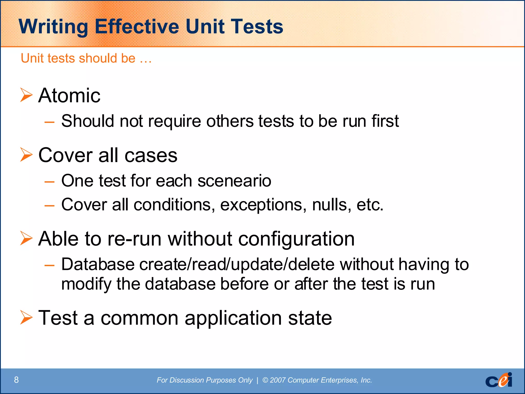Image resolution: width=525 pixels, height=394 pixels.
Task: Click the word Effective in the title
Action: click(137, 26)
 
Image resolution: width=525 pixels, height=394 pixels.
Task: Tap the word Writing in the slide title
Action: click(53, 27)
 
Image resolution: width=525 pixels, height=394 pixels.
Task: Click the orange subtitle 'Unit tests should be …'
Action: click(86, 58)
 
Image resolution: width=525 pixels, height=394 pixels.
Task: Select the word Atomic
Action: click(69, 95)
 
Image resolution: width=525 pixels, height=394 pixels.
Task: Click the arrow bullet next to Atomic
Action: click(26, 95)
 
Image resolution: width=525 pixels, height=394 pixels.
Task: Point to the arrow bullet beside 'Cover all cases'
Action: click(26, 155)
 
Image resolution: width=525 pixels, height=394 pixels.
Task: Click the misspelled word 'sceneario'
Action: click(234, 181)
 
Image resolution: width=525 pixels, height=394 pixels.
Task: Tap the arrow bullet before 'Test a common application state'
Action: click(26, 317)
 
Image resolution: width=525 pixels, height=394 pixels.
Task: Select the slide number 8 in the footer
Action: click(16, 380)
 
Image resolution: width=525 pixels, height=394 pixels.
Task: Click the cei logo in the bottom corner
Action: click(499, 380)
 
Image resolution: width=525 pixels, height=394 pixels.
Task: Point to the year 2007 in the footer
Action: click(278, 380)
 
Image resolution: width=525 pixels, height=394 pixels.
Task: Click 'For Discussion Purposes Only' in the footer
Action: click(204, 380)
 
